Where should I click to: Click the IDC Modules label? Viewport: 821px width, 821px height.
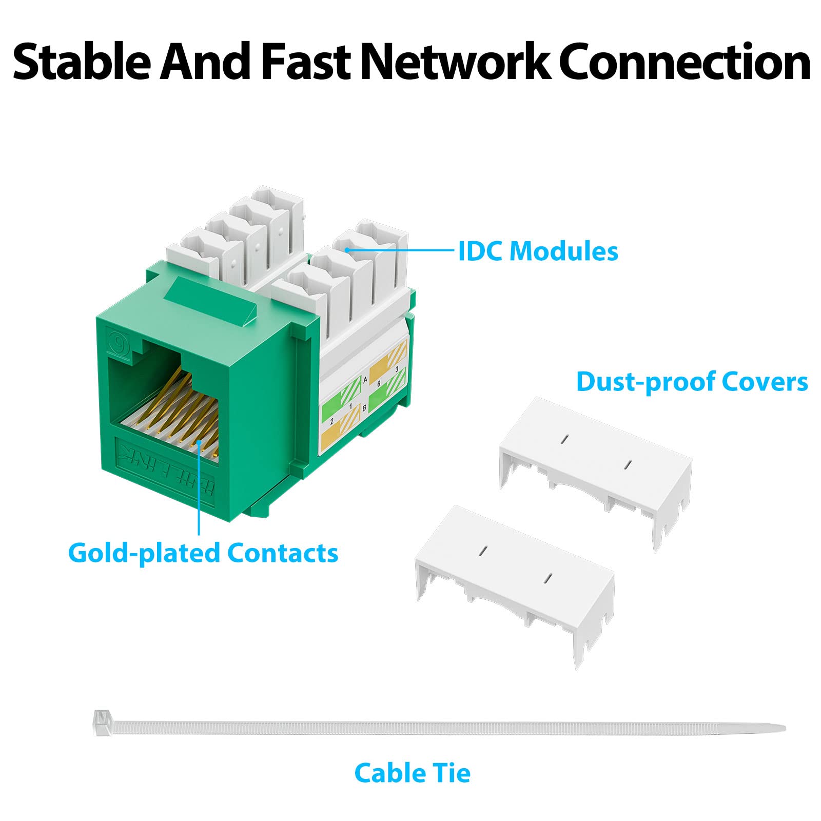(x=538, y=251)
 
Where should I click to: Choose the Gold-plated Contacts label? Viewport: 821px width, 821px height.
(x=203, y=553)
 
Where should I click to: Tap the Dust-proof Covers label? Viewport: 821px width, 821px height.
(x=692, y=382)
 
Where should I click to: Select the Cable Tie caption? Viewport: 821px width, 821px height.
(x=412, y=773)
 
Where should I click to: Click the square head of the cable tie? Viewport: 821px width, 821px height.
(x=102, y=722)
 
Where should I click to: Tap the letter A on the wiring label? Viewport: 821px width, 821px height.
(x=365, y=380)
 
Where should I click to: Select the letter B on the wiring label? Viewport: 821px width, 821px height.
(x=364, y=408)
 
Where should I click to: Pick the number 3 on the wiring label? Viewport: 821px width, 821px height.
(x=397, y=369)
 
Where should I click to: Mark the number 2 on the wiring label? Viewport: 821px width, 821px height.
(x=332, y=421)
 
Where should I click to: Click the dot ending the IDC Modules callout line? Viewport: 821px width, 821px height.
(x=347, y=250)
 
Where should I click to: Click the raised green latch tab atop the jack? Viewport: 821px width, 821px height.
(x=210, y=300)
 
